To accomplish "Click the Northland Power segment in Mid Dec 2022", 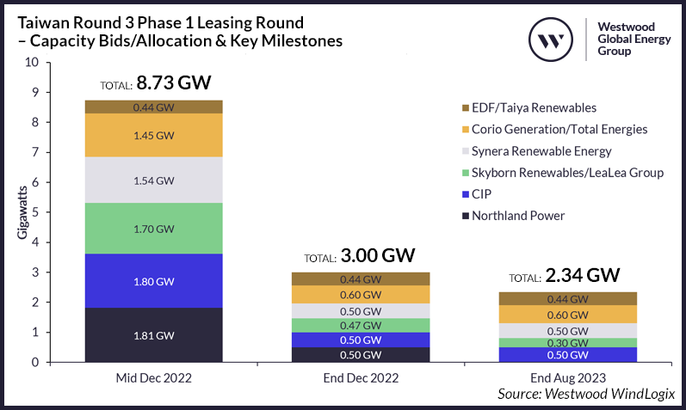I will [x=154, y=334].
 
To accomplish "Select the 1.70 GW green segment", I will [x=154, y=229].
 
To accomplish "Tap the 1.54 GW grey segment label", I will [x=154, y=181].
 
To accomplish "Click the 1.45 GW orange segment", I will [x=154, y=136].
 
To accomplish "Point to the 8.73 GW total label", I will [x=156, y=83].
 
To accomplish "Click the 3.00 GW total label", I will [x=359, y=256].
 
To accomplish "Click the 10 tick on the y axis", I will [x=33, y=63].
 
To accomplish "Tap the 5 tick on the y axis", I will [x=35, y=212].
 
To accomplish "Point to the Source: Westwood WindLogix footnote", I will [x=586, y=393].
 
